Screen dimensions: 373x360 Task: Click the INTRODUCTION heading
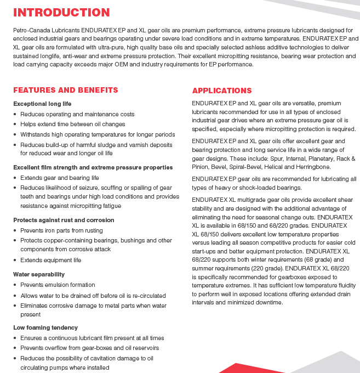click(61, 13)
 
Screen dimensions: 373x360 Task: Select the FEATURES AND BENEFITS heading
click(65, 90)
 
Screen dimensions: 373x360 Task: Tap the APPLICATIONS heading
click(222, 91)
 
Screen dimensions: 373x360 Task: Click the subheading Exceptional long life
click(42, 104)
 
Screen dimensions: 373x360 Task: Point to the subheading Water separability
click(39, 274)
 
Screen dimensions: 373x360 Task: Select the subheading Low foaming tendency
click(45, 327)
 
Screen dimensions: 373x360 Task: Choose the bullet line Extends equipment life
click(50, 260)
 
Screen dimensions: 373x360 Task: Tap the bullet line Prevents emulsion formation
click(58, 285)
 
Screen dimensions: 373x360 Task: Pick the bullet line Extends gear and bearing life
click(59, 178)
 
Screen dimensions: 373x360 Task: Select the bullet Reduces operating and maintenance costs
click(77, 114)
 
